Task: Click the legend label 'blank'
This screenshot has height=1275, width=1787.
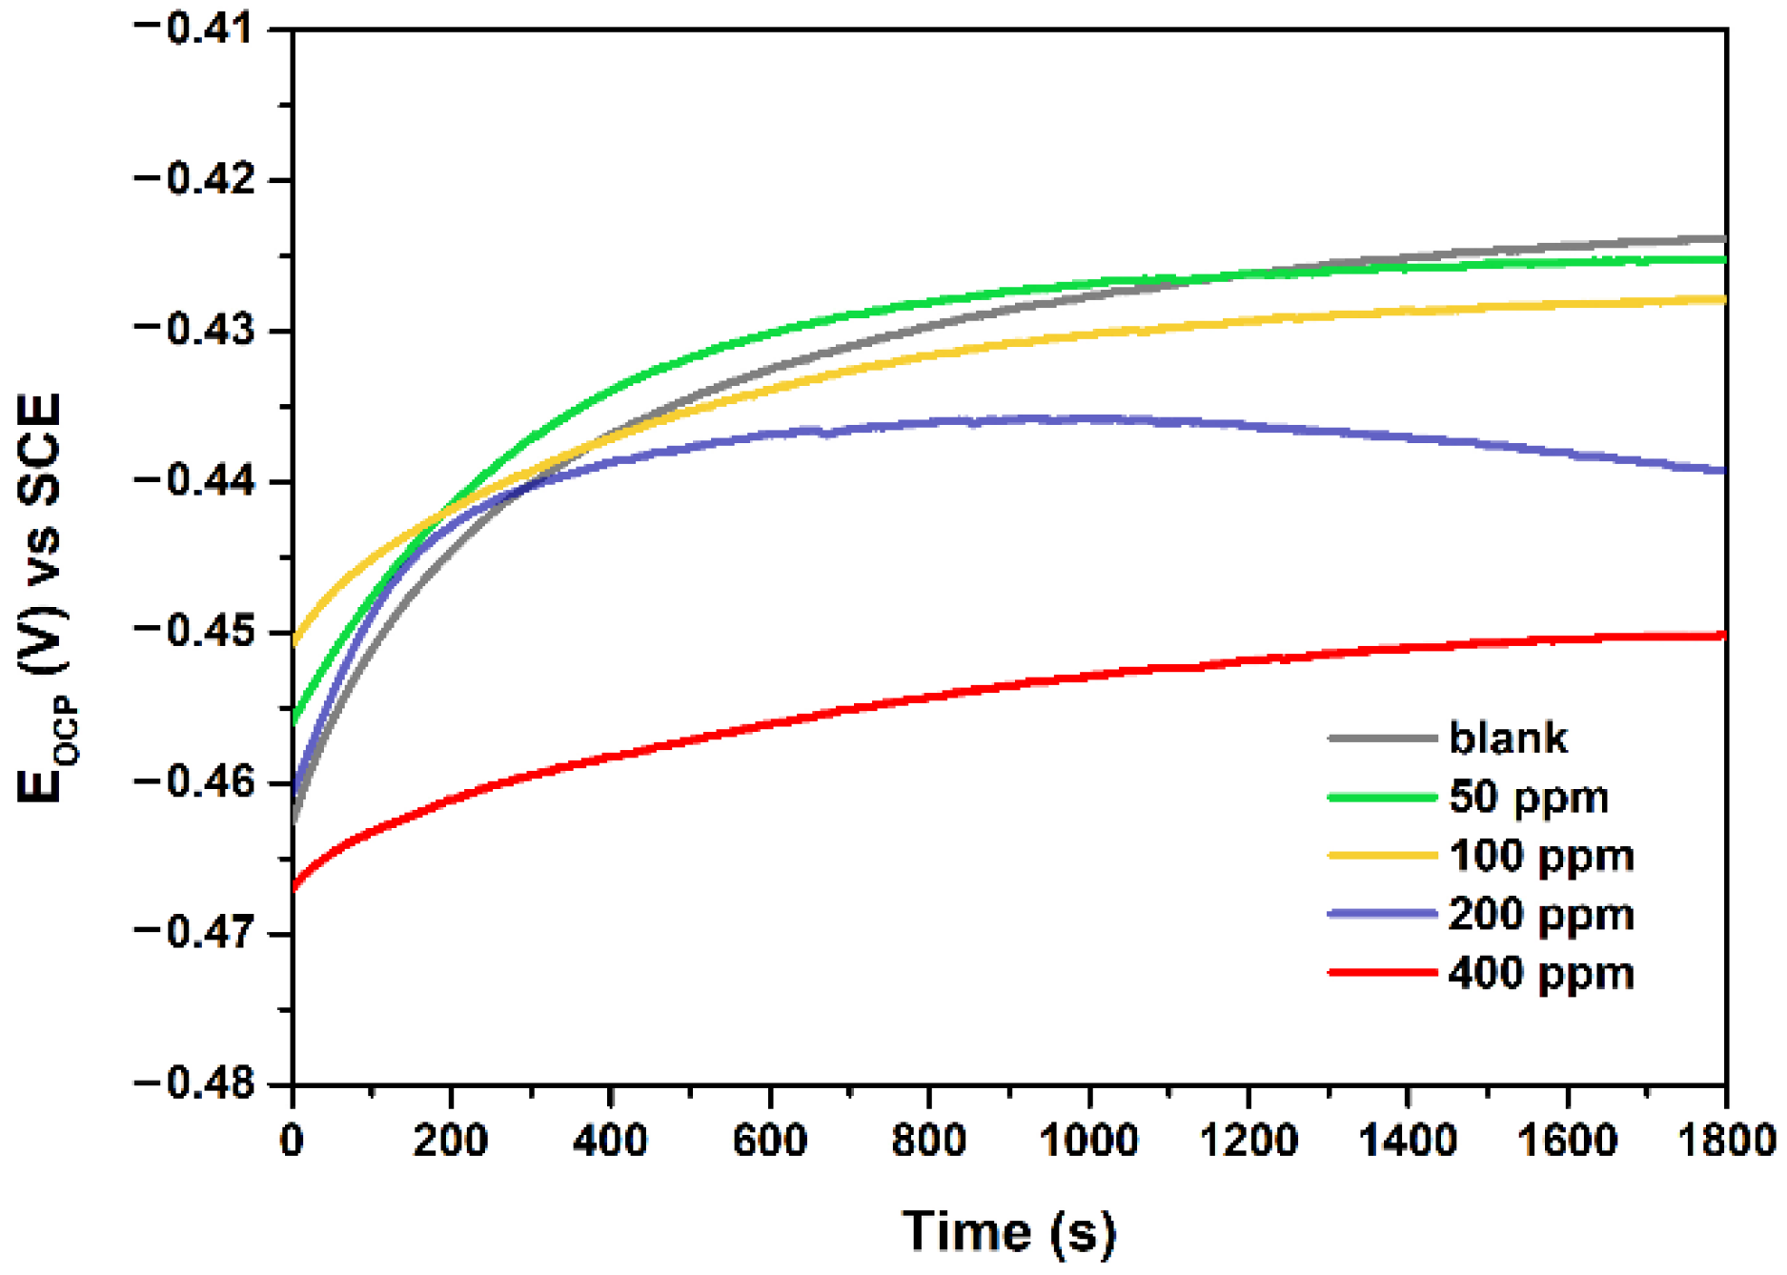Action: coord(1508,739)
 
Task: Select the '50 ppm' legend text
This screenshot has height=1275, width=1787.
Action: coord(1529,798)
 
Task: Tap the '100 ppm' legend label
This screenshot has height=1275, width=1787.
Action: coord(1541,856)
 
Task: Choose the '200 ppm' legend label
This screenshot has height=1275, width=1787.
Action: coord(1541,915)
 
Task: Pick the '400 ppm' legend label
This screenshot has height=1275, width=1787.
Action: coord(1541,974)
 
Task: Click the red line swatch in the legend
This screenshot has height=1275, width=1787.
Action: coord(1382,973)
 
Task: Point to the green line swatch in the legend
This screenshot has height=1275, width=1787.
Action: coord(1382,797)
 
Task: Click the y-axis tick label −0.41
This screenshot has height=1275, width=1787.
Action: coord(195,29)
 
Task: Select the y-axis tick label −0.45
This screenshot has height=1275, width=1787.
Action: coord(195,632)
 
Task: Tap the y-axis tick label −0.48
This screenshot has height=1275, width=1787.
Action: coord(195,1083)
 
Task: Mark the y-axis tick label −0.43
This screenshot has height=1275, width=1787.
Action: coord(195,330)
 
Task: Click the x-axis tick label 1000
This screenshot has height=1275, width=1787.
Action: coord(1088,1141)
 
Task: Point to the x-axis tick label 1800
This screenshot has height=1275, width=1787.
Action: coord(1725,1141)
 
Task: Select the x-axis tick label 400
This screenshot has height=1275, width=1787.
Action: coord(610,1141)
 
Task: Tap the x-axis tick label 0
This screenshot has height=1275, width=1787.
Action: coord(293,1141)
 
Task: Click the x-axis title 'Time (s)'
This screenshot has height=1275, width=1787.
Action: coord(1008,1231)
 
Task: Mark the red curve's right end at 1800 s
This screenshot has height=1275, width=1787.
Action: coord(1723,635)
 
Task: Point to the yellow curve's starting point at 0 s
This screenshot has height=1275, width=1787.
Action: coord(294,643)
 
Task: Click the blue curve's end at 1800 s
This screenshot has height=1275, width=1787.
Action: coord(1723,470)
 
